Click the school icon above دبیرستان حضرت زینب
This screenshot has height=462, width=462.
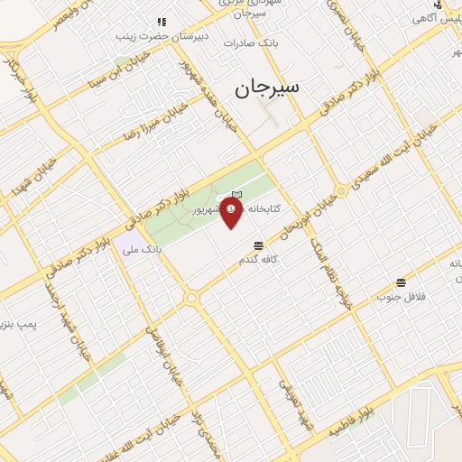pyautogui.click(x=162, y=22)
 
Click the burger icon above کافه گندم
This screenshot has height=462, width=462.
pyautogui.click(x=259, y=245)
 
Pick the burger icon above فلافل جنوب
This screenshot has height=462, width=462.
pyautogui.click(x=401, y=282)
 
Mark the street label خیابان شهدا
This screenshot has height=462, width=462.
pyautogui.click(x=28, y=180)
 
